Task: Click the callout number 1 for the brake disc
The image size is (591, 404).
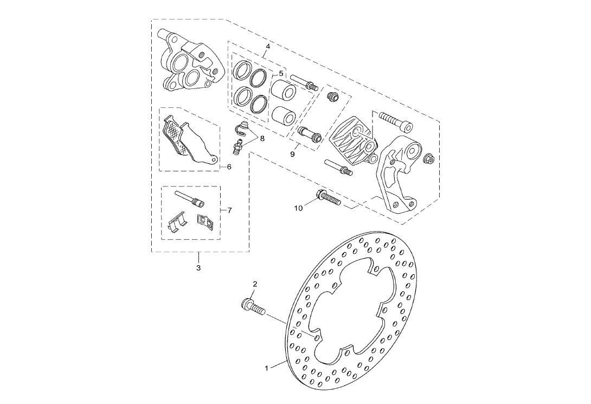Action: click(x=267, y=368)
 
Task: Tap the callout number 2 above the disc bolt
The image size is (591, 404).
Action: click(x=255, y=284)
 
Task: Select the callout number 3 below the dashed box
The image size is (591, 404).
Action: click(x=198, y=268)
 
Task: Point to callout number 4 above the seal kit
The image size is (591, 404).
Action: click(x=267, y=47)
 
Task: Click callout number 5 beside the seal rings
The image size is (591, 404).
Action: click(x=281, y=73)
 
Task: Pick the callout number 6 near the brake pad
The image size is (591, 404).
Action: click(x=229, y=167)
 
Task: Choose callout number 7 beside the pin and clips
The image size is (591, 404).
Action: click(x=229, y=209)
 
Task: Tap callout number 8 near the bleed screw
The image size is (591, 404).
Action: click(x=262, y=138)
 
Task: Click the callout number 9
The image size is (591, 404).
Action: click(x=292, y=154)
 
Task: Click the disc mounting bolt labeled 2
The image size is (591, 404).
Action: click(x=251, y=307)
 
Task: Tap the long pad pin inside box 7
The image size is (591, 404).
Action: click(x=188, y=198)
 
